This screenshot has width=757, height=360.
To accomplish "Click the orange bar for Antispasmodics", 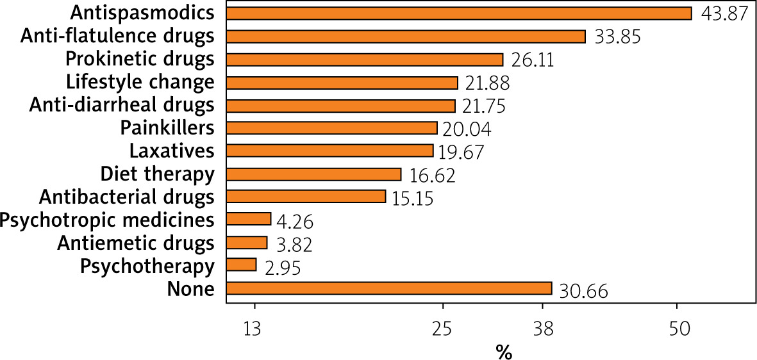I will (x=459, y=13).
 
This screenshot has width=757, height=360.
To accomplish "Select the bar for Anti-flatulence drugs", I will (x=406, y=37).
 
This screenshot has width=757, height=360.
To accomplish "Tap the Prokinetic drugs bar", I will (x=365, y=60).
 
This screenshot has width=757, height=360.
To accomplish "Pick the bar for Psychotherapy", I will (x=242, y=265).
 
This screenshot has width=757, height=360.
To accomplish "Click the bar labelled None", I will (x=389, y=288).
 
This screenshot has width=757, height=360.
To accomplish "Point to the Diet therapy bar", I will (x=314, y=174).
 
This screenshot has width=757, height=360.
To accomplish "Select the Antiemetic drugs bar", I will (x=247, y=242).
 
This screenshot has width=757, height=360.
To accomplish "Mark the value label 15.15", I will (x=412, y=198).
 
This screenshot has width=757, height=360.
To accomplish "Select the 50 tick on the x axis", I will (x=679, y=329).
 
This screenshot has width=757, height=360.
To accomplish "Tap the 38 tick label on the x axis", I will (x=544, y=329).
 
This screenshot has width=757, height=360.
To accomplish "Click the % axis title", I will (x=503, y=352).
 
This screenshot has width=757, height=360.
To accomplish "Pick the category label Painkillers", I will (x=167, y=128).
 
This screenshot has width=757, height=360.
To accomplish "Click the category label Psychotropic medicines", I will (x=106, y=220).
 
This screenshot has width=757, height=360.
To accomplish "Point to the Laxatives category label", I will (x=171, y=151).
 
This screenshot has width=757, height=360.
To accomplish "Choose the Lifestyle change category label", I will (x=140, y=82).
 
